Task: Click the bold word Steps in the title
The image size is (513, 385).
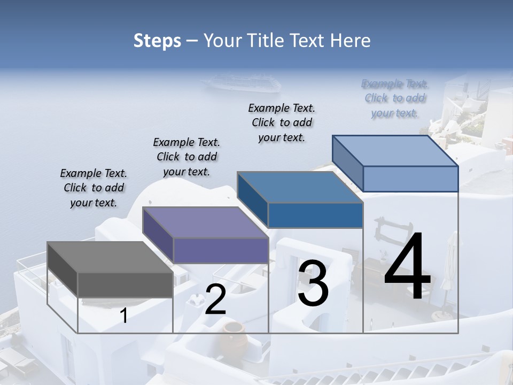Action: pyautogui.click(x=157, y=41)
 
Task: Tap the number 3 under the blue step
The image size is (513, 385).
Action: pyautogui.click(x=313, y=283)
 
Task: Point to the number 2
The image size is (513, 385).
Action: pyautogui.click(x=215, y=299)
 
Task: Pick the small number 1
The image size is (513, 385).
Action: pyautogui.click(x=123, y=315)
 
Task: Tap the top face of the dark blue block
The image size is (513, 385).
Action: pyautogui.click(x=300, y=187)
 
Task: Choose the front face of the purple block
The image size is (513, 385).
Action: pyautogui.click(x=220, y=250)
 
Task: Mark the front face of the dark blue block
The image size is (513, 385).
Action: pyautogui.click(x=315, y=215)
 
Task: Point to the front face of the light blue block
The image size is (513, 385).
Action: pyautogui.click(x=410, y=179)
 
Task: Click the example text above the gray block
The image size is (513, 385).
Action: pyautogui.click(x=94, y=188)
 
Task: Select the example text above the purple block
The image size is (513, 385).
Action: pyautogui.click(x=186, y=157)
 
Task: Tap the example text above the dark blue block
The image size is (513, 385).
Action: pyautogui.click(x=282, y=122)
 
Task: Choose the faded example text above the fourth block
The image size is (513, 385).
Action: pyautogui.click(x=395, y=98)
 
